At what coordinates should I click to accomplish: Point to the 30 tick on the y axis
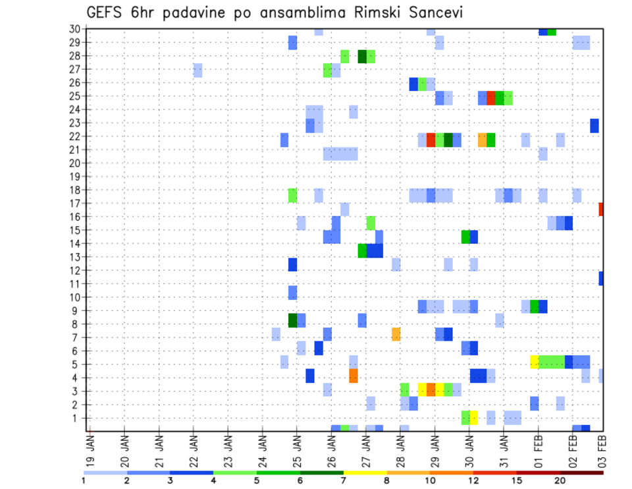74,28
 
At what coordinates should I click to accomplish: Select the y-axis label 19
74,176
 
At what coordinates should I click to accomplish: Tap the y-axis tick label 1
77,418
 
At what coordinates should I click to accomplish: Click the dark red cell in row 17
601,209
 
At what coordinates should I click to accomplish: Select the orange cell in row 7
396,334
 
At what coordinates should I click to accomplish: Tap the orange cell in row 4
354,376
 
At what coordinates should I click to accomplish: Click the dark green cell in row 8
293,320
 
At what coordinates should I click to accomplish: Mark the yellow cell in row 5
535,362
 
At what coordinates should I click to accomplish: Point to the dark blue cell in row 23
594,125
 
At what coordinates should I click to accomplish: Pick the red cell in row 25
490,98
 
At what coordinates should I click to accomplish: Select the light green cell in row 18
293,196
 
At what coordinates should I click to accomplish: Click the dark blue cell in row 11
601,279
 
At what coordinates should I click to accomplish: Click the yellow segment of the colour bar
365,473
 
